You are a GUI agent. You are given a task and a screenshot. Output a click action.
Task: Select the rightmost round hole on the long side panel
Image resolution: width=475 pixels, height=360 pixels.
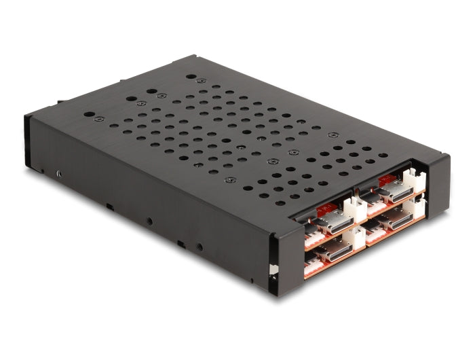pyautogui.click(x=198, y=245)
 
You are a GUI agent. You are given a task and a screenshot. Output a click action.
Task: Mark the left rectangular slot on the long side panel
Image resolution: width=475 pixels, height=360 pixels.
pyautogui.click(x=109, y=203)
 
